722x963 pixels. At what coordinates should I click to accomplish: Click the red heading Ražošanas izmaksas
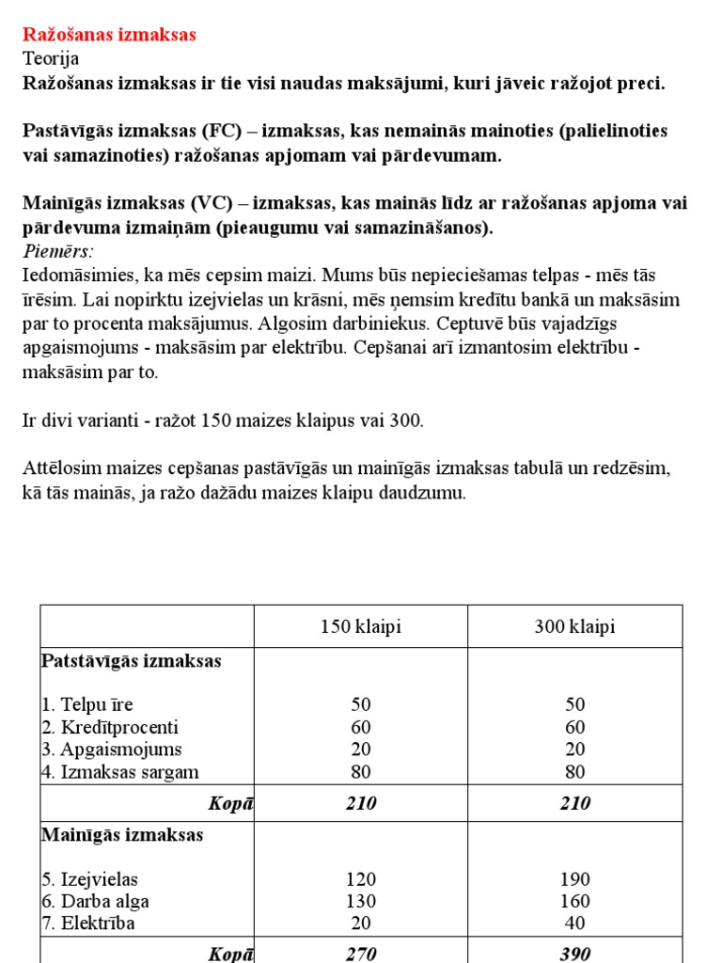tap(109, 35)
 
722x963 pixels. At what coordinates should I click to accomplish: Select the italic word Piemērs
tap(57, 252)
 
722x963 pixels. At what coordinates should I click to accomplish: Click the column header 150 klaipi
tap(361, 627)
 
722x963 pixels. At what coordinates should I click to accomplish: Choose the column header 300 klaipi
tap(575, 627)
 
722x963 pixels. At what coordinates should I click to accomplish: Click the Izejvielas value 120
tap(361, 879)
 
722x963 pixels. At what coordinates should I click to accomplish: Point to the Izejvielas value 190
tap(575, 879)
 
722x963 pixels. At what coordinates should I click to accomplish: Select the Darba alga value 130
tap(361, 902)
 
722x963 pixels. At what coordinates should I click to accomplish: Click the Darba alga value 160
tap(575, 902)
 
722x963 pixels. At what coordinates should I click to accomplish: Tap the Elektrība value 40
tap(575, 924)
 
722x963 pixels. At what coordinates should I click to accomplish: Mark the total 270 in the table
tap(361, 954)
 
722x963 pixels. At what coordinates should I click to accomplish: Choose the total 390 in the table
tap(575, 954)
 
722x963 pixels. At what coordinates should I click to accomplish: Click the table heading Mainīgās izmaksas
tap(122, 835)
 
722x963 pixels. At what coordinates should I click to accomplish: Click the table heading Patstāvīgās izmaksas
tap(132, 661)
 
